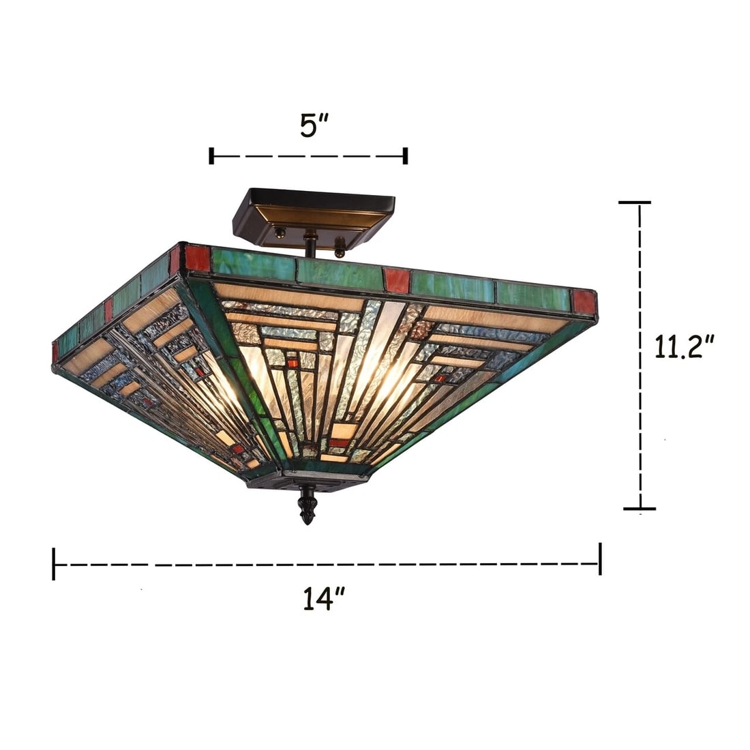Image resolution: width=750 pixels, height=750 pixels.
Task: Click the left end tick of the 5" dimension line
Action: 212,155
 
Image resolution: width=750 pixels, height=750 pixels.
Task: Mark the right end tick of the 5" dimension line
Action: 406,155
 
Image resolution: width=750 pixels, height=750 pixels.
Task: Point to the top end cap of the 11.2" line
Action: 634,202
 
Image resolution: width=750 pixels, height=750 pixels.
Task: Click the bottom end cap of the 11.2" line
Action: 639,509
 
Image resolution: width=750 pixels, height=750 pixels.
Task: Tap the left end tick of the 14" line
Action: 54,564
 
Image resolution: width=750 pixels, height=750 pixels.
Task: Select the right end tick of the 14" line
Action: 599,558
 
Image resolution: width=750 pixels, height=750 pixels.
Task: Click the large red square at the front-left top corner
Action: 197,258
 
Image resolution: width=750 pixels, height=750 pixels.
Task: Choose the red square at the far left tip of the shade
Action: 55,352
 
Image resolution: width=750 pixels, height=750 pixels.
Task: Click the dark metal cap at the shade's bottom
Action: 307,481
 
